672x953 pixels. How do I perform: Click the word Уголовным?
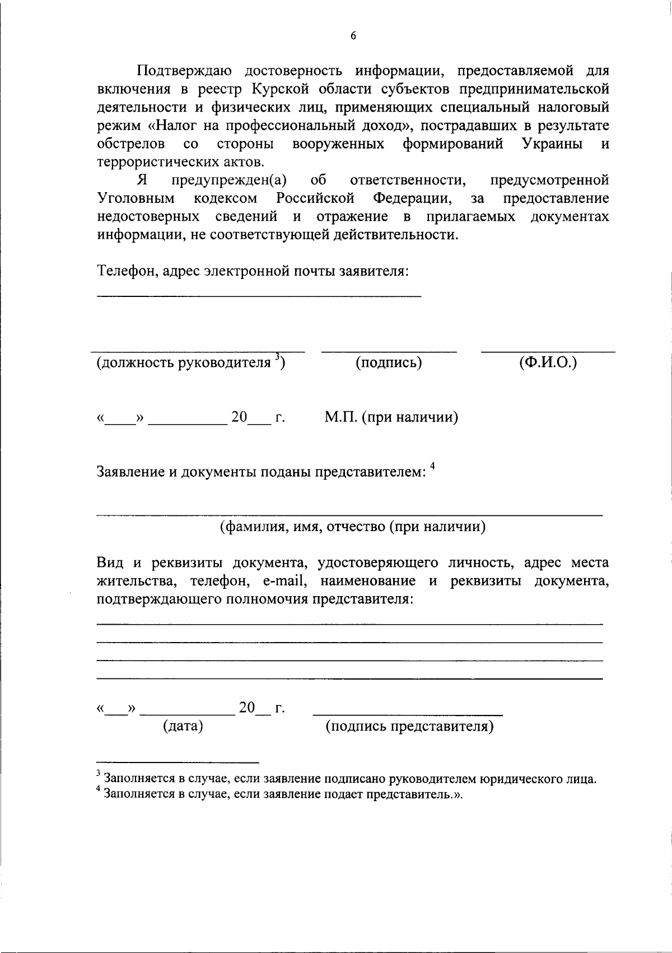click(x=136, y=198)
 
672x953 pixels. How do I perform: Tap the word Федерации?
click(x=413, y=198)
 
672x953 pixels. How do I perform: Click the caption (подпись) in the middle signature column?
click(x=389, y=363)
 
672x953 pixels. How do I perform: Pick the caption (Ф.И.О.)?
click(x=548, y=362)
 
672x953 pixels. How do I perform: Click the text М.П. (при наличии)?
click(x=391, y=417)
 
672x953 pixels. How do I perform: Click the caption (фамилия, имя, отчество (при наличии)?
click(x=352, y=527)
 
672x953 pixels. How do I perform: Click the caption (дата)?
click(x=183, y=727)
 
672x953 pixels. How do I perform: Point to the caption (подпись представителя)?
click(x=409, y=727)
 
